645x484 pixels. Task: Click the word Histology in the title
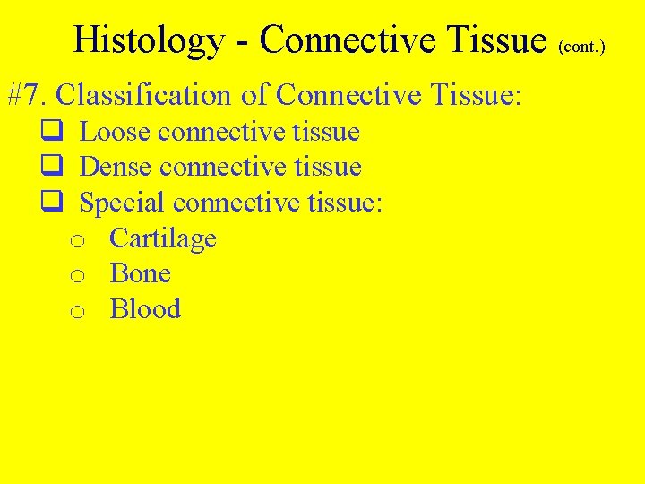[149, 39]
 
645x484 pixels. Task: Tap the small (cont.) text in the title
[581, 45]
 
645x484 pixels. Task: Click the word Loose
[115, 133]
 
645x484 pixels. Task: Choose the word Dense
[116, 167]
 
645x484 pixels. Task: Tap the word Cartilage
[163, 238]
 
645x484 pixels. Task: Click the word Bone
[140, 273]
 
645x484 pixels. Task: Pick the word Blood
[145, 309]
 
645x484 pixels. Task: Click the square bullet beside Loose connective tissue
[51, 133]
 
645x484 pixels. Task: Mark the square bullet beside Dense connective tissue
[51, 168]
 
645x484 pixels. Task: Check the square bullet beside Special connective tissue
[51, 203]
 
